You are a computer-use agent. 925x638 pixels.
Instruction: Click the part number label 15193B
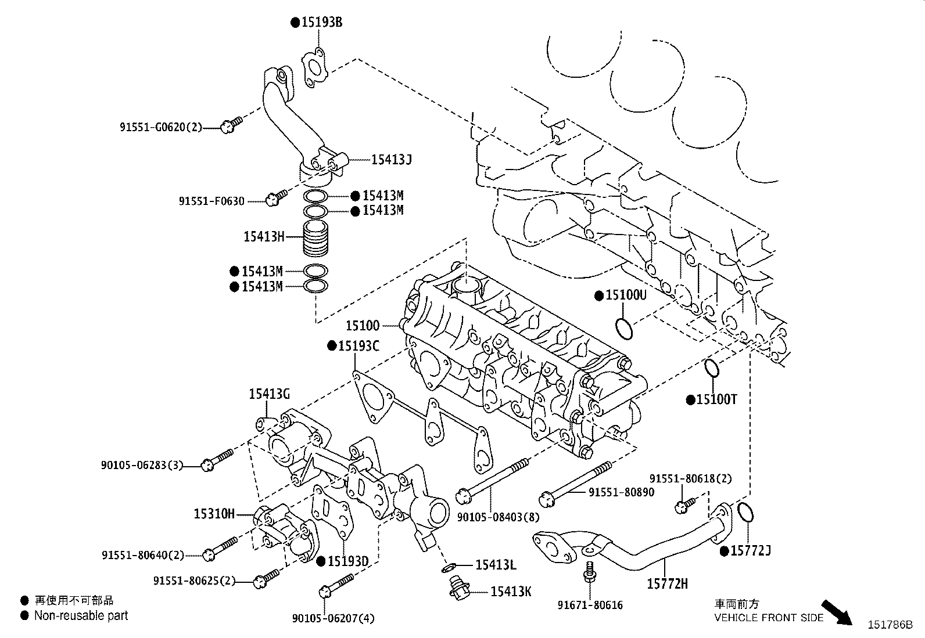321,23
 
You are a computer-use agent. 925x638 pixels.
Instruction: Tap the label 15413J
391,158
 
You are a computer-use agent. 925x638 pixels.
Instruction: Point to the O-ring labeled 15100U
625,328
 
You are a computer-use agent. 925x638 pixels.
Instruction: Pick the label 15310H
214,514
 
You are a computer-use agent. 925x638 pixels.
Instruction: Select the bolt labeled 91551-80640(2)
221,549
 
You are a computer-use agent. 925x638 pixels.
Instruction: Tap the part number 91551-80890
621,492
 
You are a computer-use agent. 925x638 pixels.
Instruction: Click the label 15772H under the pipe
667,583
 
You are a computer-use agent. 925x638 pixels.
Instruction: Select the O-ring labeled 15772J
746,512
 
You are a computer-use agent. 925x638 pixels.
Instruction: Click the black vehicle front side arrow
838,612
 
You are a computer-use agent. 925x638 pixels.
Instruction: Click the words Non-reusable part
81,616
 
